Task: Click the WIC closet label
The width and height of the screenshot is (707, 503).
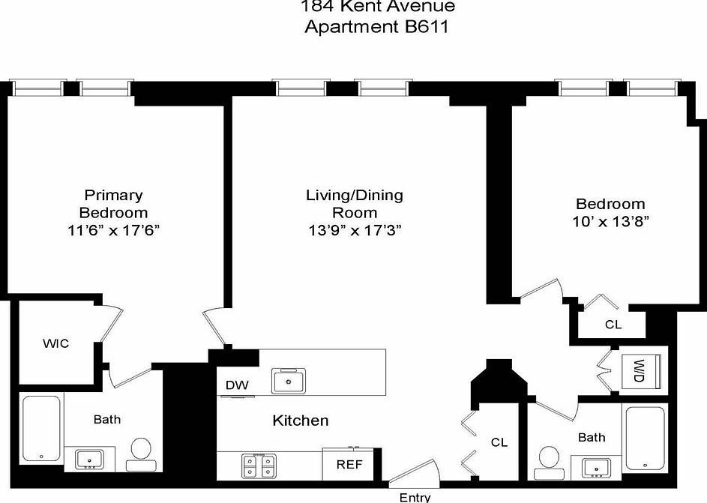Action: click(x=55, y=343)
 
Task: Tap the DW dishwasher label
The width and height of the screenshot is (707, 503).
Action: click(x=236, y=385)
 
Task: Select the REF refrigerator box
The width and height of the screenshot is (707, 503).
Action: click(x=349, y=464)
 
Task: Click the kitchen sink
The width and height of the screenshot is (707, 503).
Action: click(x=288, y=382)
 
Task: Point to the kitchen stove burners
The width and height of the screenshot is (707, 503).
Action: click(x=259, y=466)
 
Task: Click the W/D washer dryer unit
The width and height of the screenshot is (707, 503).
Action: click(x=640, y=370)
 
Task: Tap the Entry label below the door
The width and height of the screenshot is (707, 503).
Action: click(x=415, y=497)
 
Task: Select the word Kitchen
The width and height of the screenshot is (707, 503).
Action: click(x=300, y=421)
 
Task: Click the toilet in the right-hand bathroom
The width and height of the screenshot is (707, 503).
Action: click(x=549, y=459)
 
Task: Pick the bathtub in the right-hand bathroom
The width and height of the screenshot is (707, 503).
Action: click(x=645, y=439)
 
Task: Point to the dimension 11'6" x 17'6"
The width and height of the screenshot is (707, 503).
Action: click(x=113, y=231)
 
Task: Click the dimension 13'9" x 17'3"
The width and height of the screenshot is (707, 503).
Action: click(x=354, y=231)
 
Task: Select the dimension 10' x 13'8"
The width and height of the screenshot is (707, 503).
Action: click(x=610, y=221)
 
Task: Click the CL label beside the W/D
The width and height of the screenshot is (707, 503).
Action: click(x=613, y=325)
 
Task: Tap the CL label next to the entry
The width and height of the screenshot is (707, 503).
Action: click(x=499, y=442)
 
